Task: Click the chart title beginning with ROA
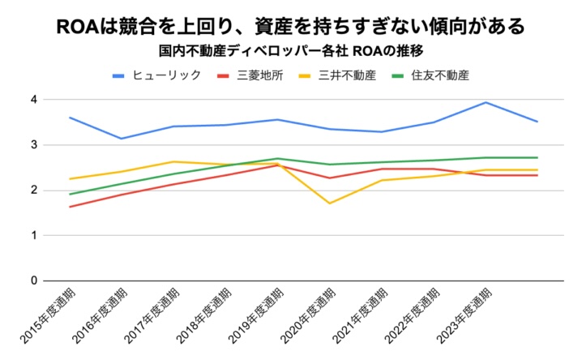(x=290, y=26)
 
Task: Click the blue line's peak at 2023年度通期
(x=485, y=102)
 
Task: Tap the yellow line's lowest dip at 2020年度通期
(x=329, y=203)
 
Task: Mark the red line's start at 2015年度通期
(x=70, y=206)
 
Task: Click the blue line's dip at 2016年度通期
(x=122, y=139)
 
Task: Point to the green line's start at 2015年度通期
(x=70, y=194)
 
